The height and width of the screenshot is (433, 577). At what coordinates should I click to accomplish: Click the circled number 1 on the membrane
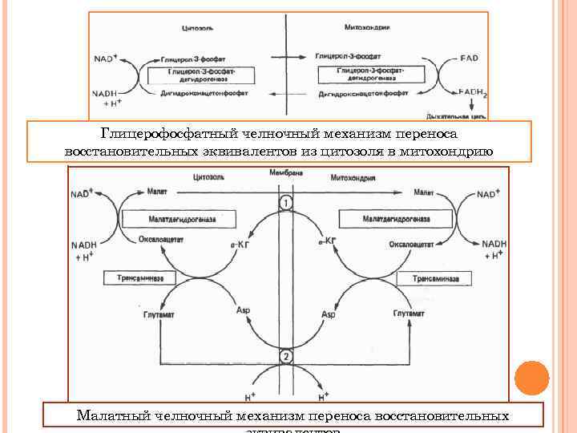tap(285, 204)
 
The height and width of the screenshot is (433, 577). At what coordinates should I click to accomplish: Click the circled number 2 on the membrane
tap(285, 356)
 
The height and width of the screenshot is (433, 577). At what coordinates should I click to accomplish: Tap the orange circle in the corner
tap(531, 378)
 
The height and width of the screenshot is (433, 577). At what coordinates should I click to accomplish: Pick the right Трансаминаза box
tap(436, 277)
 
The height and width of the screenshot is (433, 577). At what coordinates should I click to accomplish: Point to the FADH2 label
tap(473, 92)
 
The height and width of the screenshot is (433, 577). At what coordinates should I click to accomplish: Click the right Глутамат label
tap(409, 314)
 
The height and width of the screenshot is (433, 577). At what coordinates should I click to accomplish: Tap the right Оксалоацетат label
tap(407, 238)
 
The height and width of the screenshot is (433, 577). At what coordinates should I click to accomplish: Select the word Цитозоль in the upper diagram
tap(198, 27)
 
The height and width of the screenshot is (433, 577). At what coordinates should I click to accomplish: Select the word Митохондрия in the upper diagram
tap(366, 27)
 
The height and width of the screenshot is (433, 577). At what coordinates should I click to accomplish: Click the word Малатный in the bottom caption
tap(112, 416)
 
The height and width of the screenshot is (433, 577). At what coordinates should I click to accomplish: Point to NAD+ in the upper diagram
tap(106, 58)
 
